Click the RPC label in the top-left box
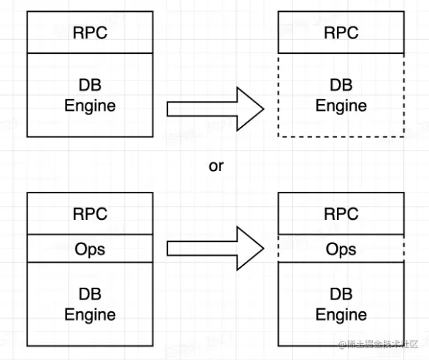point(90,33)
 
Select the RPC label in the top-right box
point(341,33)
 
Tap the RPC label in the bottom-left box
point(90,214)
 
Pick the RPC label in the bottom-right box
point(341,214)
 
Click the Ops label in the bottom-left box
point(90,249)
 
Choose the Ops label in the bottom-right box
point(341,249)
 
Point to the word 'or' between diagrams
point(216,167)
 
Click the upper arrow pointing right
point(215,109)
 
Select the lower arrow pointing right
point(215,249)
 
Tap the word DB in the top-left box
point(90,85)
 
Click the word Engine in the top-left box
point(90,106)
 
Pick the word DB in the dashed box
point(341,85)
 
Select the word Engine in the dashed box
point(341,106)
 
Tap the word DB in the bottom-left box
point(90,294)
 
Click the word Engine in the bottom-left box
point(90,315)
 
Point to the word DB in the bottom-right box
point(341,294)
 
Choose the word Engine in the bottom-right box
point(341,315)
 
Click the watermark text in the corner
point(378,345)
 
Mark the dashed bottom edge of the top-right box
point(341,136)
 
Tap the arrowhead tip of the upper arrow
point(264,109)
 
